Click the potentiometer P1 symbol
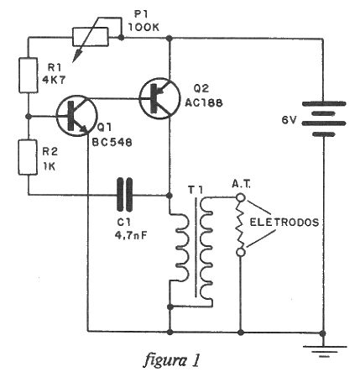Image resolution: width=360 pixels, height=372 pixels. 90,37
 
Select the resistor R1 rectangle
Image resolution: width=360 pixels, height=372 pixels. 29,75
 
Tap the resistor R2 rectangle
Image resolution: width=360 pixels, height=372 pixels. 28,158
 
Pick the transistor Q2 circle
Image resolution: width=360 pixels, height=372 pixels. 159,98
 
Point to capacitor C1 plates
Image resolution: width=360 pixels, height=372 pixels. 124,194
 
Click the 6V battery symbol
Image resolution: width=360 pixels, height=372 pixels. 324,119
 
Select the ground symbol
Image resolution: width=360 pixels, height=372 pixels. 324,351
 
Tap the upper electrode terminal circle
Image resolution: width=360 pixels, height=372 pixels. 241,197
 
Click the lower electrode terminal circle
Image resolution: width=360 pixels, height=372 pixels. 241,252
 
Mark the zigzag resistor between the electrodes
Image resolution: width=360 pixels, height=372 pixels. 240,225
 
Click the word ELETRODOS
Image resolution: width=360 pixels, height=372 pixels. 284,223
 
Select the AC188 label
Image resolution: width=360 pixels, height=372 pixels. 204,103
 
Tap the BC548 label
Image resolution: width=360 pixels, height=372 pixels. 112,143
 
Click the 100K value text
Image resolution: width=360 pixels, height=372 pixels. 143,27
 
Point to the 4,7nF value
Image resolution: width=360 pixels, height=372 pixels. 131,235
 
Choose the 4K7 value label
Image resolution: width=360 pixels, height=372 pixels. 54,81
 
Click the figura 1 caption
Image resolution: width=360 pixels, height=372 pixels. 172,359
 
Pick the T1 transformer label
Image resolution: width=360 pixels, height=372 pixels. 196,190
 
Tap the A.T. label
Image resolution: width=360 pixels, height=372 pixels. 242,184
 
